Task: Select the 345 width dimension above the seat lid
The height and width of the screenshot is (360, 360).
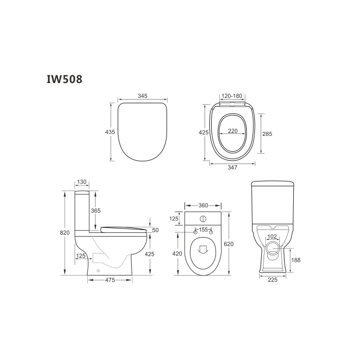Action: click(143, 96)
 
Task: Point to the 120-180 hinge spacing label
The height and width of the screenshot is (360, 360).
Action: click(231, 96)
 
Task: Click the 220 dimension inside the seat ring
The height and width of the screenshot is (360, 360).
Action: click(232, 131)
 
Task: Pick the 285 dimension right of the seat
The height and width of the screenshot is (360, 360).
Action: click(267, 134)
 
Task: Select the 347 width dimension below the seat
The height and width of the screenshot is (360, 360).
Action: click(232, 168)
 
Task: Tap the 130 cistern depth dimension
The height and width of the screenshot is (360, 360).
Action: click(81, 182)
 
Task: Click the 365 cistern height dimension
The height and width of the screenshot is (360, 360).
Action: click(96, 210)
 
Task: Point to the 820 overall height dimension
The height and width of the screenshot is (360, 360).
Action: click(65, 233)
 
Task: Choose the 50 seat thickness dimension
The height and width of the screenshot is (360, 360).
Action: click(155, 230)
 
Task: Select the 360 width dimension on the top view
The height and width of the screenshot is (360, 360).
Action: click(203, 205)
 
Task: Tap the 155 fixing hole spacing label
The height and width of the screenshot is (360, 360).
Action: click(203, 230)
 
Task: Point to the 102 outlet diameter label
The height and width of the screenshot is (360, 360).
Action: click(272, 236)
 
